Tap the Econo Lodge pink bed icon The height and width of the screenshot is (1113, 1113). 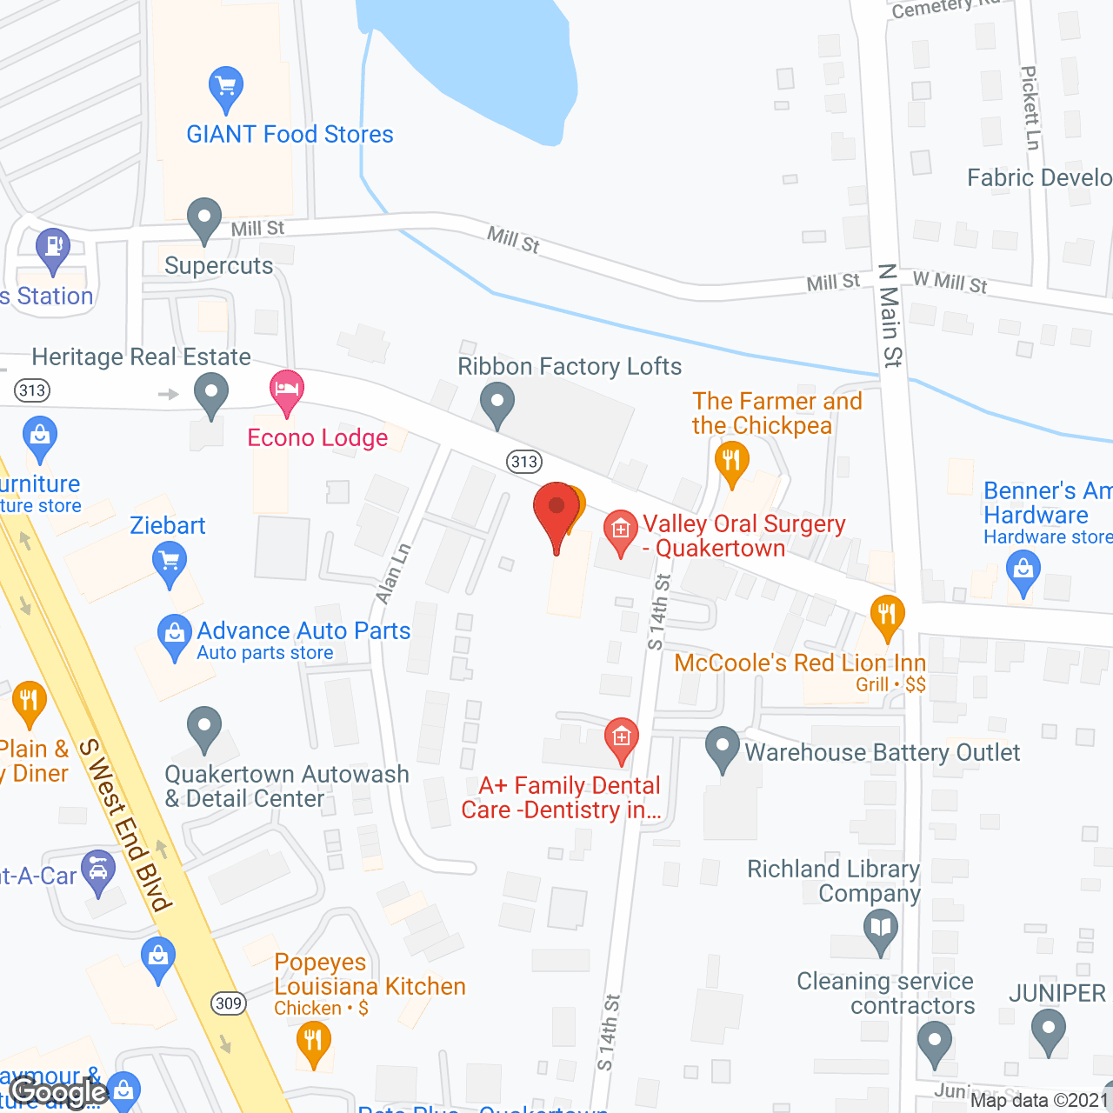(x=286, y=390)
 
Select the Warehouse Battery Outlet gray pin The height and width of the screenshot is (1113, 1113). (x=722, y=749)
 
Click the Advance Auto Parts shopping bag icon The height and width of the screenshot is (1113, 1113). (x=175, y=636)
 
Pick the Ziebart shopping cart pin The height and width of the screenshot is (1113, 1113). (x=170, y=562)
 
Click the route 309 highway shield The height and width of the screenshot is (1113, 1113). (x=229, y=1003)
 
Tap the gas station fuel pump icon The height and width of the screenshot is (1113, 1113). (x=53, y=249)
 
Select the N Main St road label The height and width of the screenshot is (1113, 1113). (x=890, y=316)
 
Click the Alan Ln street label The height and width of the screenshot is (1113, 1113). (x=393, y=574)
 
